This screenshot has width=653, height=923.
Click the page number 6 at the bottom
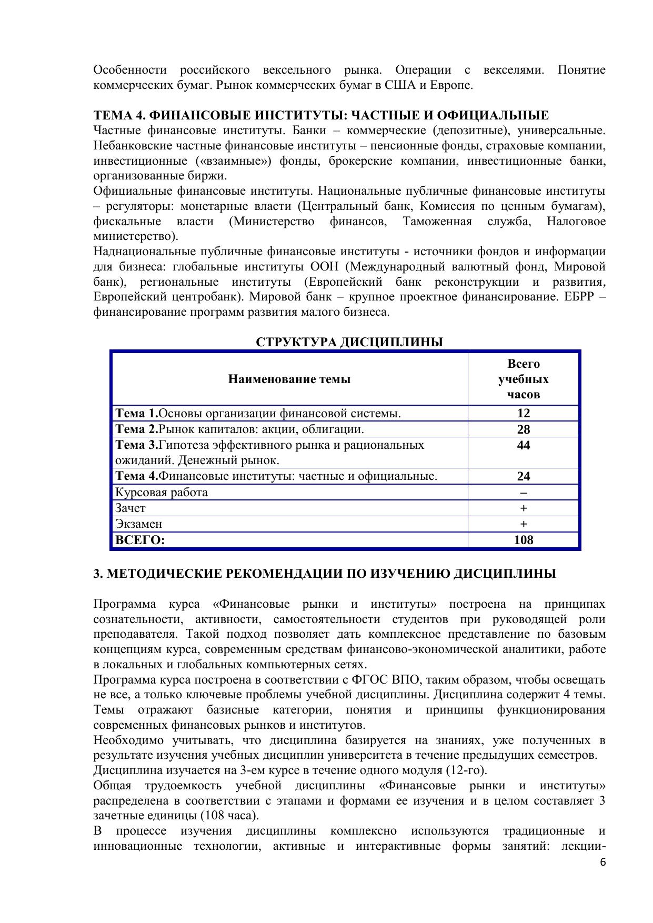pos(602,862)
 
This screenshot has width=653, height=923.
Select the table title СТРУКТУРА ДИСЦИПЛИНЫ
pos(349,342)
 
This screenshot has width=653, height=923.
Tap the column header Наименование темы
pos(289,379)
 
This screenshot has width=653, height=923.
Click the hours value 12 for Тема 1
pos(524,413)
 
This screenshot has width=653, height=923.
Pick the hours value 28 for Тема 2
pos(524,429)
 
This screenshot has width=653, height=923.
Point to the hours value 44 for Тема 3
pos(524,446)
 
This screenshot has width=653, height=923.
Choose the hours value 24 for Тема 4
pos(524,476)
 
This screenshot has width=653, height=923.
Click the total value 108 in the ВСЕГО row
pos(524,540)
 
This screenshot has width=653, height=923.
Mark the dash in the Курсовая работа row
pos(524,493)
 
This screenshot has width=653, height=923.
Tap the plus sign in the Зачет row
pos(524,508)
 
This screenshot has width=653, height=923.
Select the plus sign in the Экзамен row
pos(524,524)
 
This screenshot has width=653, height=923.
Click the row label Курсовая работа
pos(162,493)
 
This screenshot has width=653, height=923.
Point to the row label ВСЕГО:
pos(140,540)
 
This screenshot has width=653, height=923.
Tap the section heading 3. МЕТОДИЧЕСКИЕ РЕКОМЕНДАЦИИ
pos(325,574)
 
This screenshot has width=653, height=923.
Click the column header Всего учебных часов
pos(524,379)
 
